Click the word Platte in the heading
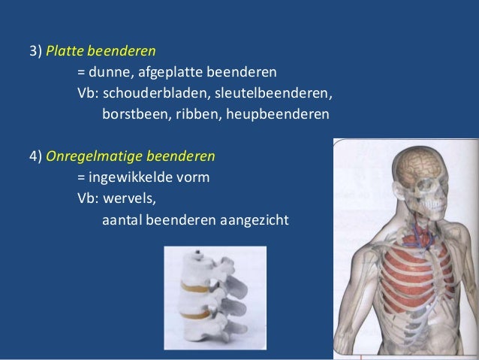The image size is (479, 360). (64, 53)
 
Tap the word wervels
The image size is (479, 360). (133, 199)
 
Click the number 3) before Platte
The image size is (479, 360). (35, 53)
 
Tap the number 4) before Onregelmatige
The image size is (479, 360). (35, 157)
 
